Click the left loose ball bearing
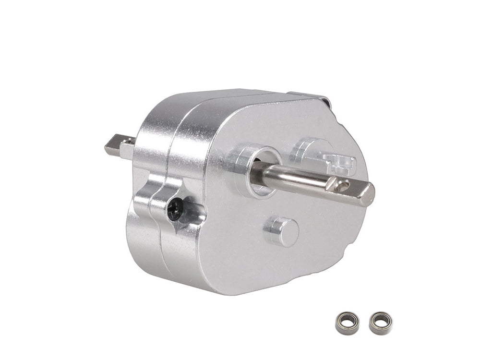(x=345, y=323)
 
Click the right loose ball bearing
(x=380, y=323)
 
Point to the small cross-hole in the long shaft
(x=342, y=185)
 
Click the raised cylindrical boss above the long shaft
(x=307, y=149)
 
